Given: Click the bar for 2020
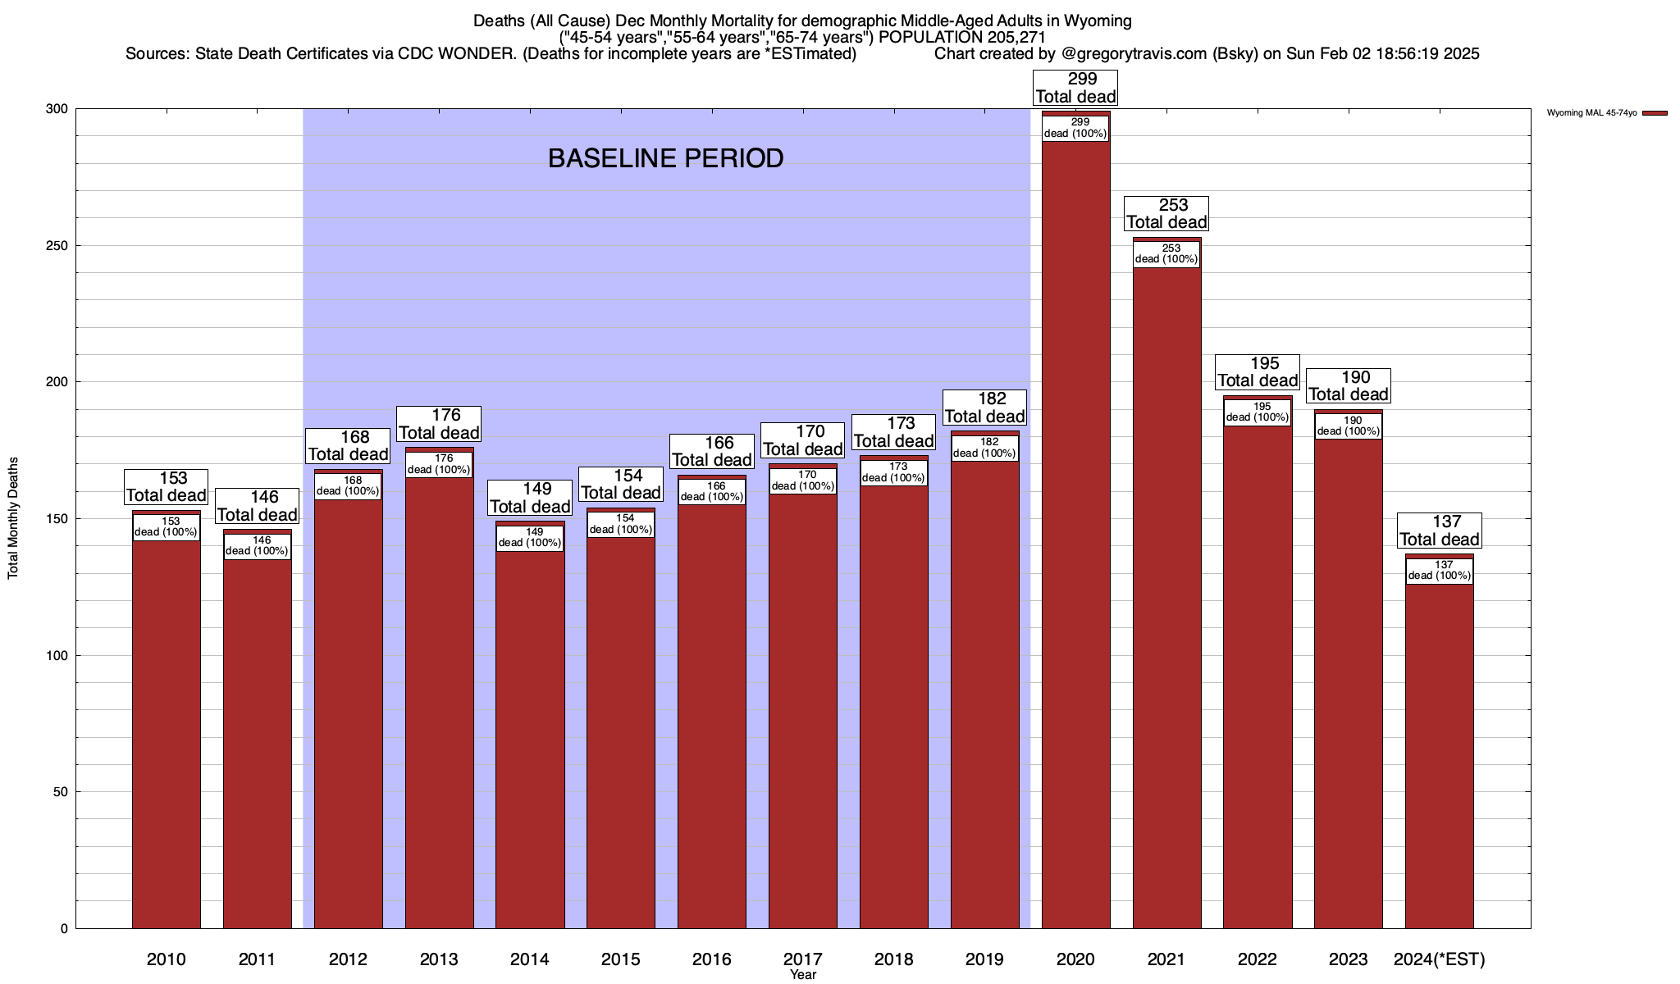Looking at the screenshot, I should click(x=1075, y=533).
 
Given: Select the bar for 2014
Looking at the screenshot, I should click(x=530, y=738).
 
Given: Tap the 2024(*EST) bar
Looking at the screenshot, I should click(x=1439, y=754).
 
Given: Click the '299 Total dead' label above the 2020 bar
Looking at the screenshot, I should click(x=1075, y=88).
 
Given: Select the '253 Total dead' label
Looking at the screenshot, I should click(x=1166, y=213).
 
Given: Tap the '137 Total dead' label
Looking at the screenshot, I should click(x=1439, y=531).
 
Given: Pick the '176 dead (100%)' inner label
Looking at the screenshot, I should click(x=439, y=464).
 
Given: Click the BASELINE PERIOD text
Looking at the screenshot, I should click(x=665, y=158).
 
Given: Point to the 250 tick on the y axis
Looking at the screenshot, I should click(x=58, y=246).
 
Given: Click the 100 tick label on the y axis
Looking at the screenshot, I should click(x=58, y=655).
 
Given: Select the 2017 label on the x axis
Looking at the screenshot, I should click(x=803, y=959).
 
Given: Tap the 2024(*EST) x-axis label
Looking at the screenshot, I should click(x=1439, y=959).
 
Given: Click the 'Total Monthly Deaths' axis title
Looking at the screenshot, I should click(x=13, y=518).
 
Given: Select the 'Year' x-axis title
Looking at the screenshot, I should click(x=803, y=975).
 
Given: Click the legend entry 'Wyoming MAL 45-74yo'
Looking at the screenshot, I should click(x=1591, y=113).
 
